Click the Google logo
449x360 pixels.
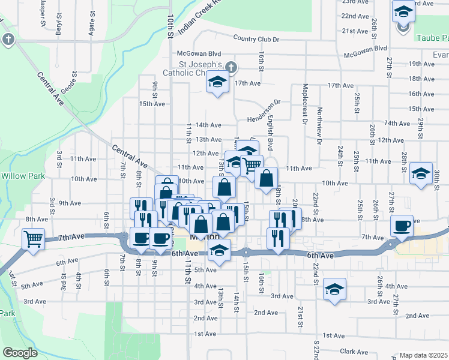click(20, 353)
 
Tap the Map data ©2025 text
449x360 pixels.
click(424, 355)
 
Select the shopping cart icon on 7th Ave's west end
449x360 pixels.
click(34, 239)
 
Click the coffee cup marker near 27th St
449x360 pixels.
click(402, 226)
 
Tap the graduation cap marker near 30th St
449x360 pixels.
click(421, 173)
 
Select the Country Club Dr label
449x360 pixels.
click(257, 39)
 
